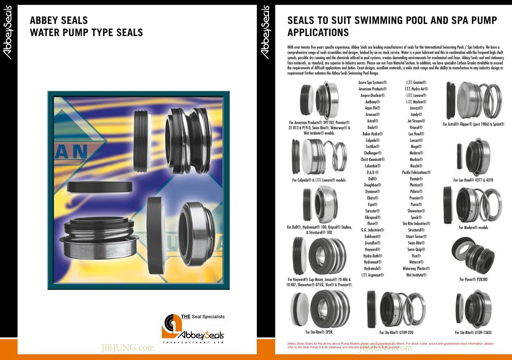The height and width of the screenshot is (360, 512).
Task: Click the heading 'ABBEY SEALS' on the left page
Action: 59,20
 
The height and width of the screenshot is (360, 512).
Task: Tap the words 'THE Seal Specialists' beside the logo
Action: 203,317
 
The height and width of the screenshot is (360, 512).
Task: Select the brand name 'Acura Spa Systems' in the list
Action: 372,82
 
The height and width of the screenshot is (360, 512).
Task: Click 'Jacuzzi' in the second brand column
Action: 416,108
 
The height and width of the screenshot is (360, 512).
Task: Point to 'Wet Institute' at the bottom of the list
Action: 416,275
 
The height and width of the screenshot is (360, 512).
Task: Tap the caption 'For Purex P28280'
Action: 473,279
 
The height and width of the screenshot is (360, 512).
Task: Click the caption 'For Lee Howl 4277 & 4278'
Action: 473,180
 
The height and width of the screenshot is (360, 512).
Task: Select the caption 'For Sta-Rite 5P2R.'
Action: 319,332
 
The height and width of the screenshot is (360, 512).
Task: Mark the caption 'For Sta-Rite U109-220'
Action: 396,332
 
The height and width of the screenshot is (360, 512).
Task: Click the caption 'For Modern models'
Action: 473,227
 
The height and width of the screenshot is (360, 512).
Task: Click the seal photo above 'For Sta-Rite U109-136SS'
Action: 473,309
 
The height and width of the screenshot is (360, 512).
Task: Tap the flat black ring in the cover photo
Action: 100,187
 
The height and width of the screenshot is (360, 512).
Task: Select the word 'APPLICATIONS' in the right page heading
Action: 318,32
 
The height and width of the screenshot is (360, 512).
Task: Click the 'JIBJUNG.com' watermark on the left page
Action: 128,348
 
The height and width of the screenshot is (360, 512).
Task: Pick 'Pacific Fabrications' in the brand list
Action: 416,172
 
